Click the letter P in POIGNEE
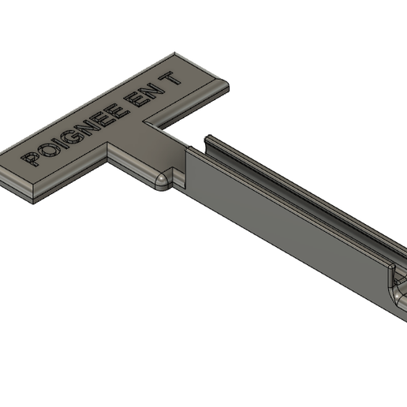click(x=31, y=159)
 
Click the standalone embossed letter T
click(x=171, y=79)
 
